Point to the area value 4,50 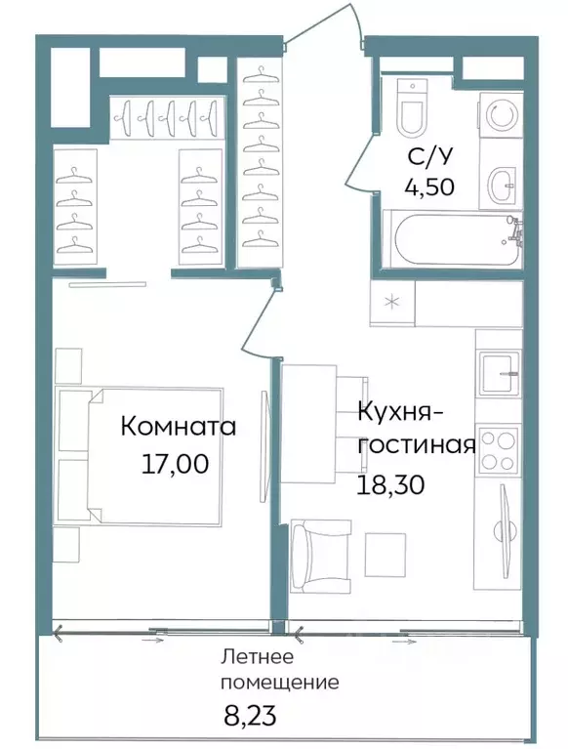click(x=430, y=186)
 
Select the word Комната click(x=179, y=427)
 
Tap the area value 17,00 click(x=175, y=465)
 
